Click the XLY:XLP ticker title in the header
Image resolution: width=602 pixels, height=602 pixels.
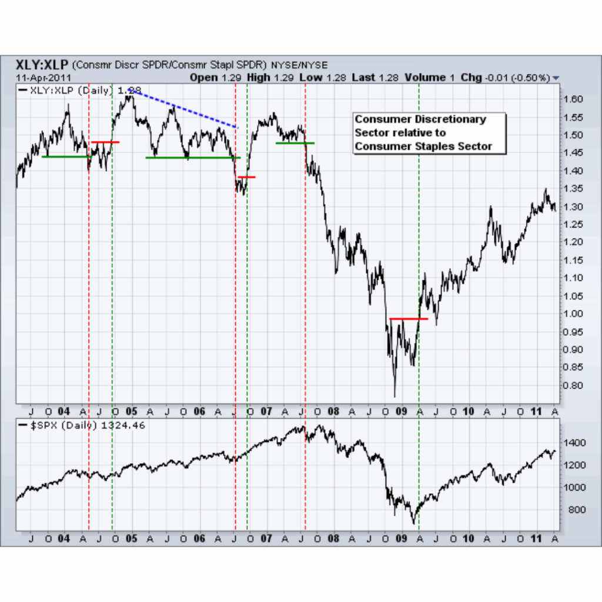42,64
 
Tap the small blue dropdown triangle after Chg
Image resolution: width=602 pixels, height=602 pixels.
556,78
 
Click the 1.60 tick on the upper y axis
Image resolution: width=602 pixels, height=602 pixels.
574,99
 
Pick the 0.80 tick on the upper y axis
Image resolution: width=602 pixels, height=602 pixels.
574,386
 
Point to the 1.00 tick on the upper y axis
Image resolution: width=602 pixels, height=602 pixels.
574,314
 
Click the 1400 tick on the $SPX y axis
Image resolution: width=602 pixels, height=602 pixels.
574,442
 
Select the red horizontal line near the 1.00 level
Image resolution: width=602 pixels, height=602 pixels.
408,319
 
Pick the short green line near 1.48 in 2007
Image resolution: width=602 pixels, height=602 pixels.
295,143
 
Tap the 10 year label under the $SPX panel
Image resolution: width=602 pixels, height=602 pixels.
469,538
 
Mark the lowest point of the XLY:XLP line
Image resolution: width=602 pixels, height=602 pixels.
394,397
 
